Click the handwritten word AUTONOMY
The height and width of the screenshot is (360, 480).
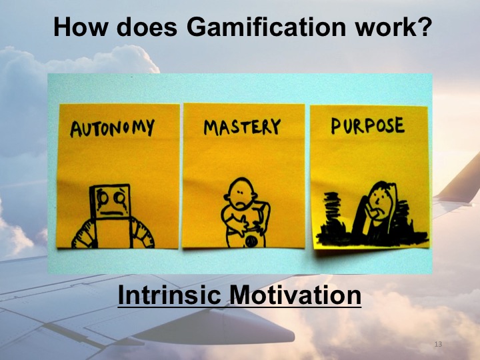[112, 127]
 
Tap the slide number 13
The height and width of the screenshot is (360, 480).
[438, 344]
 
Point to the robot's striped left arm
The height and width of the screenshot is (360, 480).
[84, 233]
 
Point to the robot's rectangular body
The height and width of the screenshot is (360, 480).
[112, 233]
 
